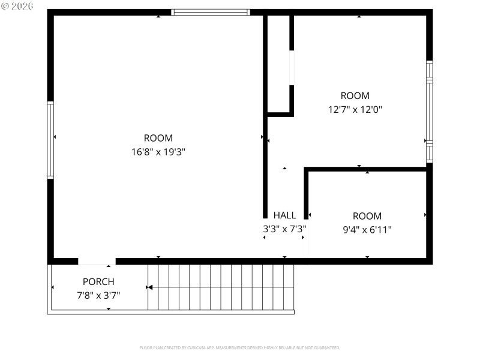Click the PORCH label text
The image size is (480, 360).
pyautogui.click(x=98, y=281)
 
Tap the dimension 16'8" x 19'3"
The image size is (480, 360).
pyautogui.click(x=158, y=152)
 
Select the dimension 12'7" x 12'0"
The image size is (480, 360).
pyautogui.click(x=355, y=109)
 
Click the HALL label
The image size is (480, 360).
pyautogui.click(x=284, y=215)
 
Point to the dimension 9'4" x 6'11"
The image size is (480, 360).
pyautogui.click(x=367, y=229)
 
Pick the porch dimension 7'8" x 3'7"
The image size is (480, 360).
pyautogui.click(x=98, y=295)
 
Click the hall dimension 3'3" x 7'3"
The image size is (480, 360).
pyautogui.click(x=284, y=229)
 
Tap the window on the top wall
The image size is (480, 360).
pyautogui.click(x=210, y=12)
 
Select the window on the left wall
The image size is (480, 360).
pyautogui.click(x=50, y=140)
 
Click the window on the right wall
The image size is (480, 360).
pyautogui.click(x=429, y=111)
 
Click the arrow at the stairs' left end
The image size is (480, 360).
pyautogui.click(x=150, y=288)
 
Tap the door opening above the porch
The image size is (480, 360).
pyautogui.click(x=97, y=262)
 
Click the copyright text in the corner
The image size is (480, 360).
pyautogui.click(x=17, y=5)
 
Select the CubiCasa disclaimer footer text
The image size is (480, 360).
pyautogui.click(x=240, y=347)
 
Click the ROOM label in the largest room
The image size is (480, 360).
pyautogui.click(x=158, y=138)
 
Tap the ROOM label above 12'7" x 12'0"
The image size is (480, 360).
pyautogui.click(x=355, y=95)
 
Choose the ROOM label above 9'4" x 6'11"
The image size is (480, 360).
pyautogui.click(x=367, y=216)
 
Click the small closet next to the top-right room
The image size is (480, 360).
pyautogui.click(x=278, y=63)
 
